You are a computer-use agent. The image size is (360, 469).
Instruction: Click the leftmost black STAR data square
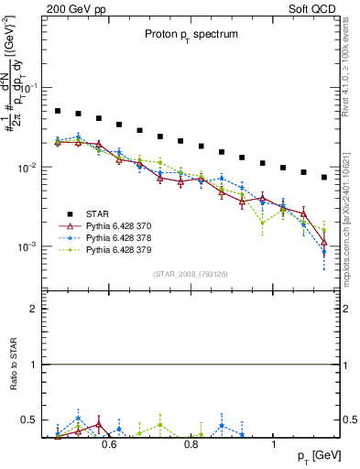pos(58,111)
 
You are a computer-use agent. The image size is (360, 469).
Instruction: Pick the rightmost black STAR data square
pos(324,177)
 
